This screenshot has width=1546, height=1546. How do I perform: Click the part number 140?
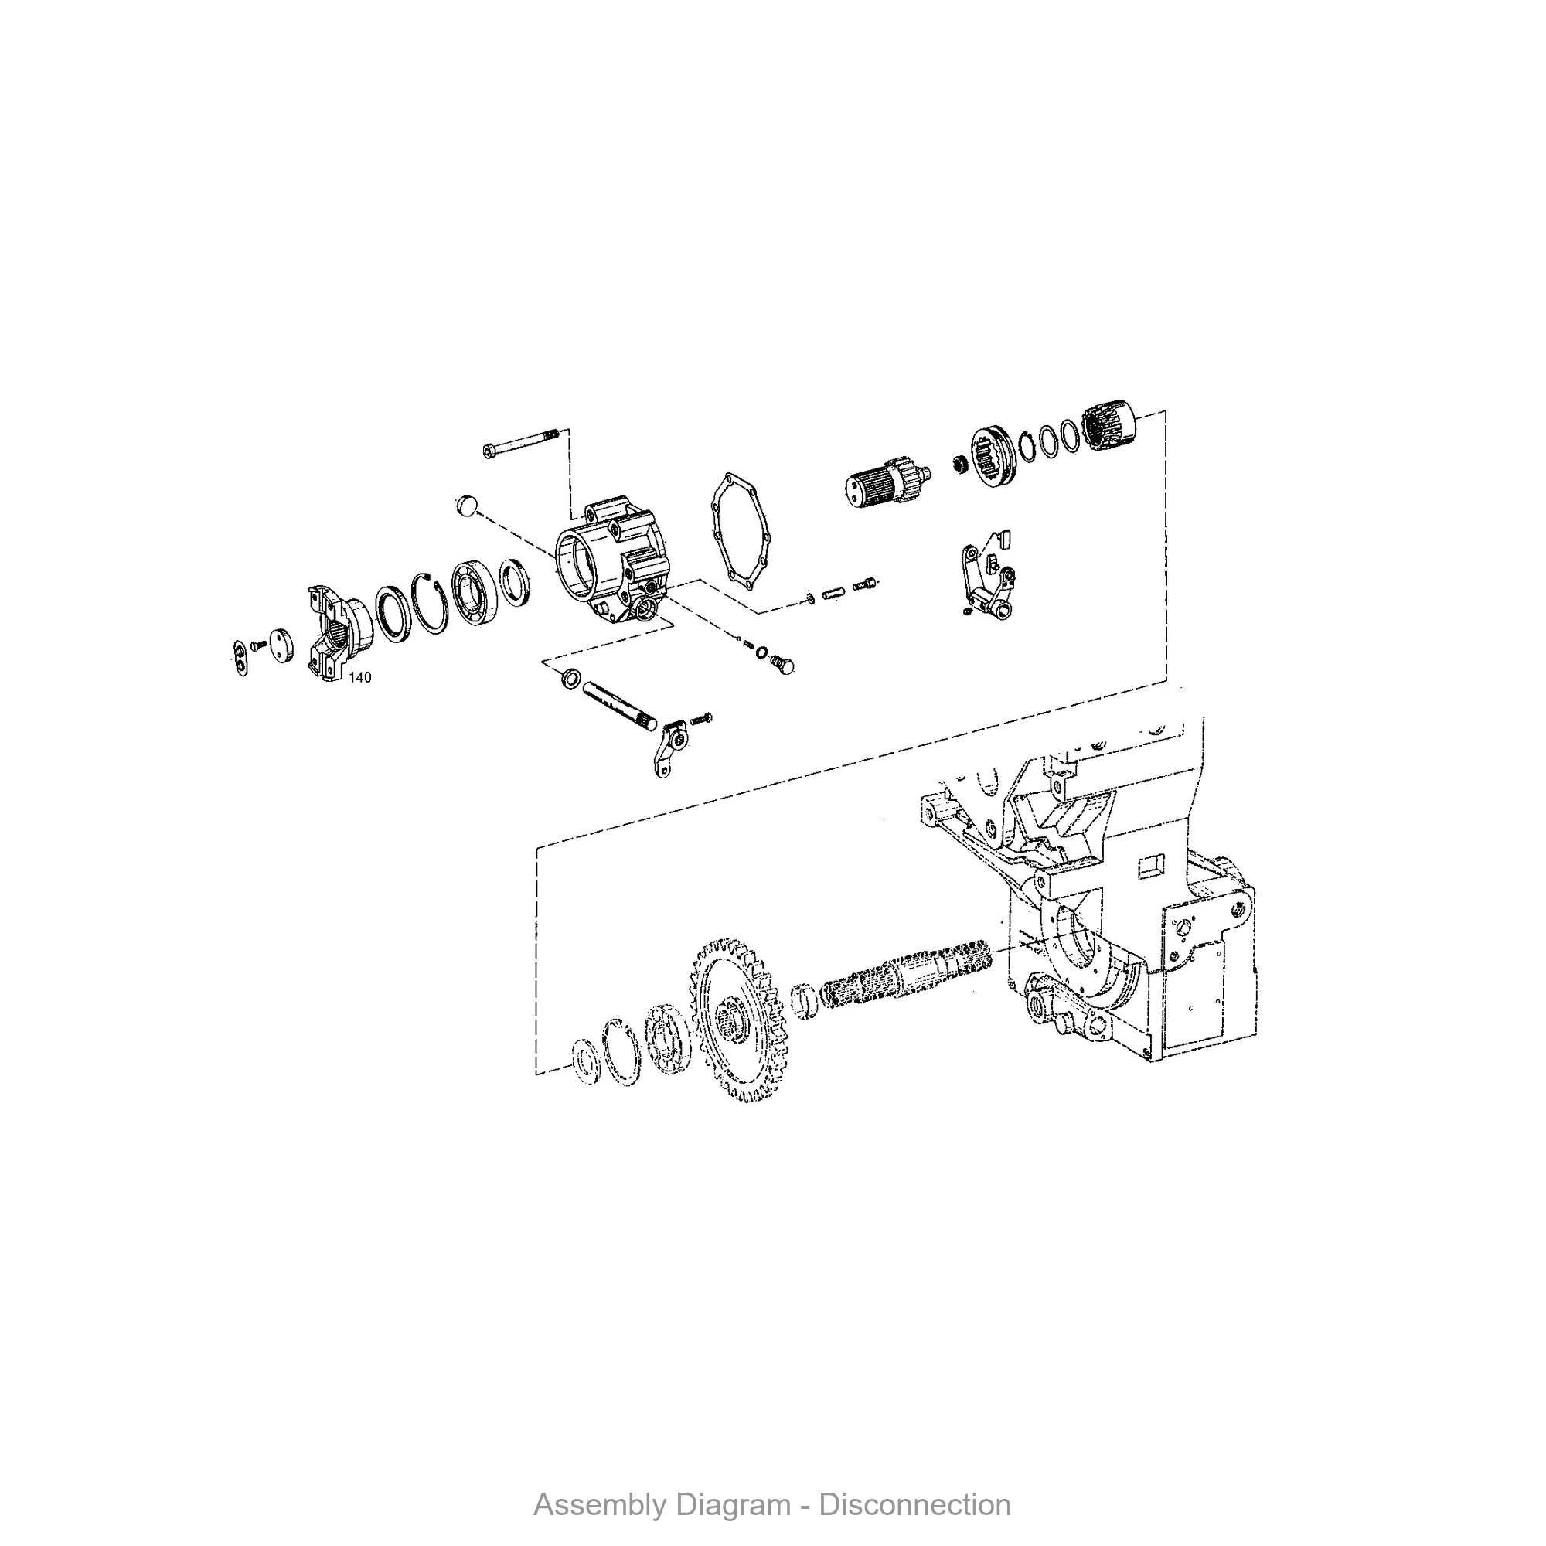[x=360, y=678]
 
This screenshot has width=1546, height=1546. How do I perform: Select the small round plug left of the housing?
[x=465, y=506]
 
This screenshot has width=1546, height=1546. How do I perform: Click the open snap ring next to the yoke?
[x=431, y=606]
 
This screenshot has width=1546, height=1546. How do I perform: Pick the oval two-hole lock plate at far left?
[x=238, y=657]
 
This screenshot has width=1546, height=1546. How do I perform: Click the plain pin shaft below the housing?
[x=621, y=703]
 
